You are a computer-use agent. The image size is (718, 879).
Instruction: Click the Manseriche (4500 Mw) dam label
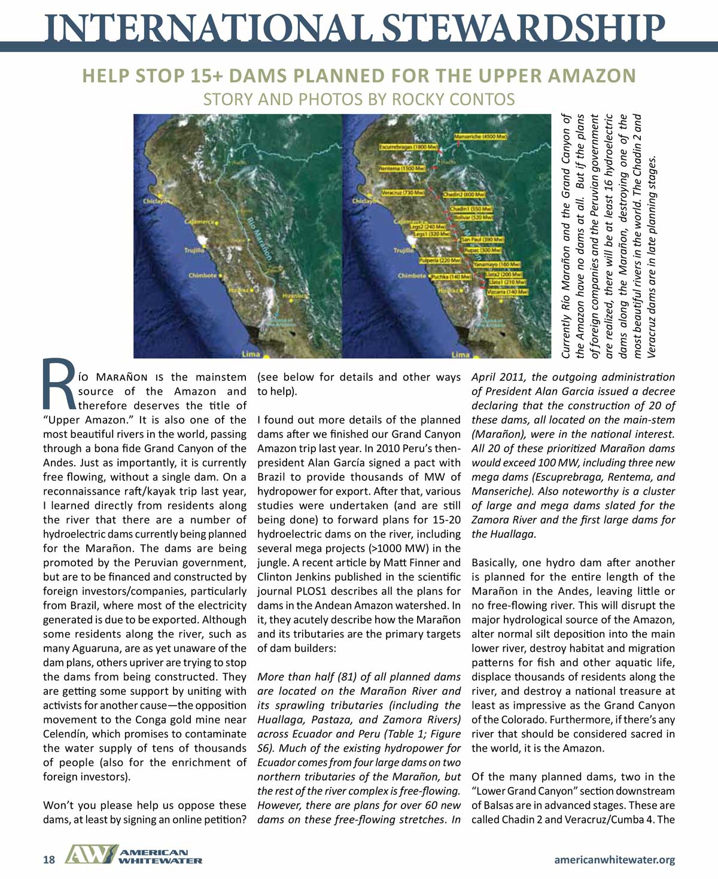point(481,137)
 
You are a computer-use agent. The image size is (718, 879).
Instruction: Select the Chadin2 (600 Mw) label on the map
point(464,195)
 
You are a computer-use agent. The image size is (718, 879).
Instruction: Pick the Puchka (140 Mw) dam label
point(451,277)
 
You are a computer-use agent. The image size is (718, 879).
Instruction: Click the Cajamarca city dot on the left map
point(216,224)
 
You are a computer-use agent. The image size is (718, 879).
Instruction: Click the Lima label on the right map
point(460,355)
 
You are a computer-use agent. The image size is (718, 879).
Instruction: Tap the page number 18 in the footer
point(49,860)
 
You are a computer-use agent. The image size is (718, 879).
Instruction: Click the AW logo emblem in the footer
point(90,855)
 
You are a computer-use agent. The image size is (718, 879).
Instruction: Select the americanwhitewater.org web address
point(614,860)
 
